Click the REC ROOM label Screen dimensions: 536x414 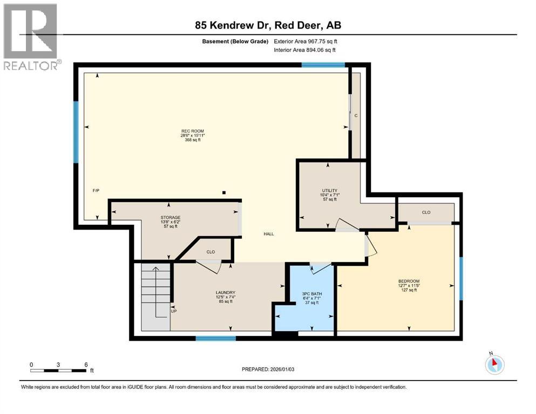(193, 131)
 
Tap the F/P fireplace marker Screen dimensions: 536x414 (96, 190)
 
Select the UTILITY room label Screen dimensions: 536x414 (329, 190)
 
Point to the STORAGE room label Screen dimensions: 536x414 (171, 217)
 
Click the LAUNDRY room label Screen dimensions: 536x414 (226, 293)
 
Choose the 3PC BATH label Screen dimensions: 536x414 (312, 294)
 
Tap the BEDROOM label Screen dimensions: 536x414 (409, 281)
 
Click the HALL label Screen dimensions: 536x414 (269, 234)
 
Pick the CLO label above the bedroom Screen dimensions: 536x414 (426, 212)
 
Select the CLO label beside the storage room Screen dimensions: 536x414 (211, 252)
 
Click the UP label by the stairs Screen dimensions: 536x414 (174, 311)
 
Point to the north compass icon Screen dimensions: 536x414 (494, 364)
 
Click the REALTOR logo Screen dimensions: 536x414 (30, 37)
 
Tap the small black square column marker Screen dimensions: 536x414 (224, 192)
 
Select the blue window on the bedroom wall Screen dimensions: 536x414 (461, 279)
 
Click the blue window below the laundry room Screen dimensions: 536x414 (216, 338)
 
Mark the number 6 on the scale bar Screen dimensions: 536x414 (86, 364)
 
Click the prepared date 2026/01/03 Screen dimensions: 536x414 (282, 369)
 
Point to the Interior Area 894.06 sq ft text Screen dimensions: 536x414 (304, 50)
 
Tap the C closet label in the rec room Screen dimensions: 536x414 (356, 116)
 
